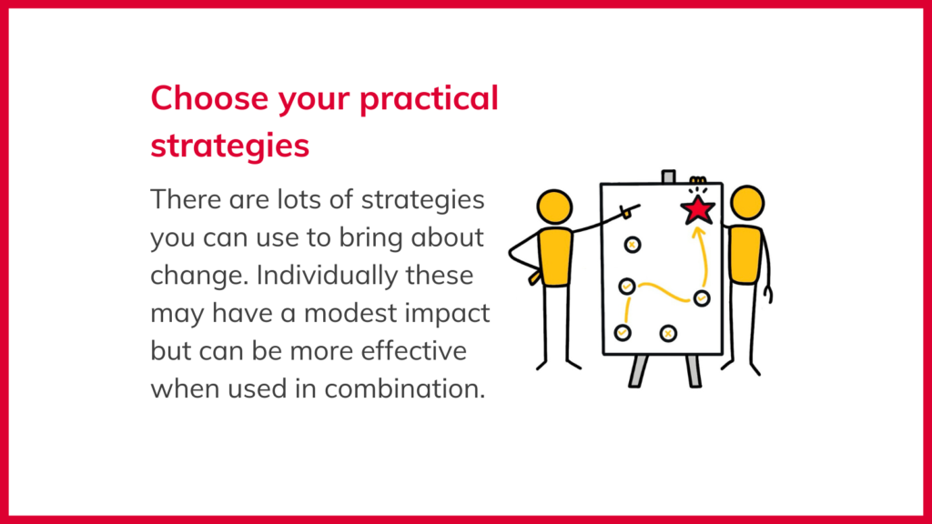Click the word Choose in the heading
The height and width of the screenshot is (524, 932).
click(209, 98)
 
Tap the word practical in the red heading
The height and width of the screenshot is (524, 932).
click(429, 99)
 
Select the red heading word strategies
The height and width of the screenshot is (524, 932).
click(230, 146)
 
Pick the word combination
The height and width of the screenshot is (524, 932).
click(405, 388)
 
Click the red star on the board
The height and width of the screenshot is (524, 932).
click(697, 210)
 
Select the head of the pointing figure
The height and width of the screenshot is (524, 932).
click(554, 207)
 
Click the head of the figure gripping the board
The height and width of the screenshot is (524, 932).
click(747, 203)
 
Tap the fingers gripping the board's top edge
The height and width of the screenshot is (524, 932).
click(698, 180)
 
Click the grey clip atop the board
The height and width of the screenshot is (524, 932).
click(669, 177)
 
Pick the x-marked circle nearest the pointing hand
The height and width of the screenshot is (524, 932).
click(633, 245)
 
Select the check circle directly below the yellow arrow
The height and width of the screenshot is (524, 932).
click(702, 298)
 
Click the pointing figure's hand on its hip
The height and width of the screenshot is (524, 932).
click(535, 277)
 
